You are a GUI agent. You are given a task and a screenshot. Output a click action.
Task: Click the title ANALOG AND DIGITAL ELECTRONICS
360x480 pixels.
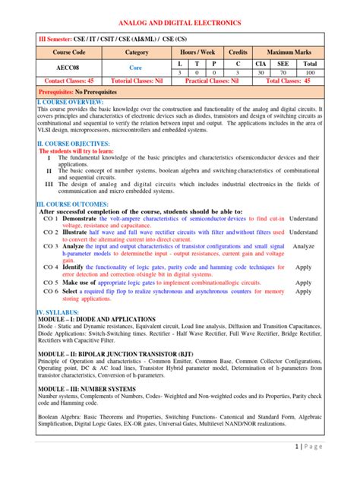179,24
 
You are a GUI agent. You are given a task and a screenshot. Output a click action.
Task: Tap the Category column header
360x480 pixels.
136,52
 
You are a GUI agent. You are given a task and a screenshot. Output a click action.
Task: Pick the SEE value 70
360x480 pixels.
286,73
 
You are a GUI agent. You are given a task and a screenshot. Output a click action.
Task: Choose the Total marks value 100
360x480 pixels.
311,73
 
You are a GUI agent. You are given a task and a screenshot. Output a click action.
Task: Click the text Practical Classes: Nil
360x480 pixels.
207,80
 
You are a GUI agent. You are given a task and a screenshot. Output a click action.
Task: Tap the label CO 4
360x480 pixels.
51,267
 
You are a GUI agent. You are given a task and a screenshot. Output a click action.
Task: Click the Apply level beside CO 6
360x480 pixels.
303,292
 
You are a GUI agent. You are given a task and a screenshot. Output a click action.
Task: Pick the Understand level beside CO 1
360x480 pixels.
303,218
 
